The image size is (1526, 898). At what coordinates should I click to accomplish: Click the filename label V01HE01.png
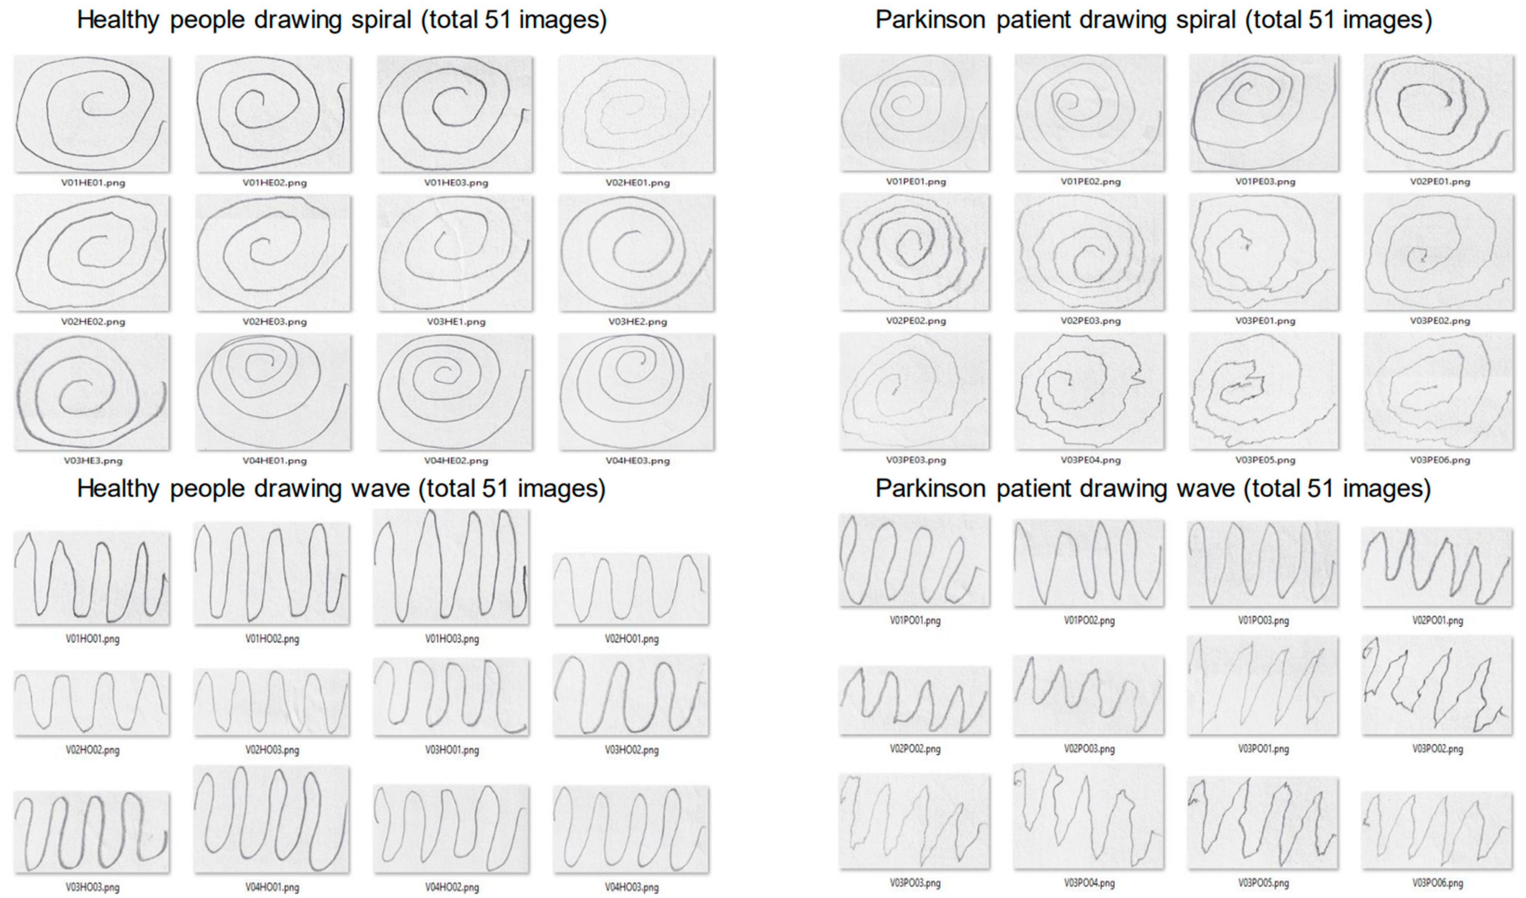pyautogui.click(x=93, y=183)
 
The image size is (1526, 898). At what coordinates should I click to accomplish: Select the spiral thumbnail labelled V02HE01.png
pyautogui.click(x=637, y=114)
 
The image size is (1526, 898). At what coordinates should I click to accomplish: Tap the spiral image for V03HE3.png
pyautogui.click(x=92, y=392)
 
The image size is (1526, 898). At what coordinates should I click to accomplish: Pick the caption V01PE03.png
pyautogui.click(x=1265, y=182)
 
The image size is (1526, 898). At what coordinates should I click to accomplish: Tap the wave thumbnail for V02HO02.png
pyautogui.click(x=92, y=703)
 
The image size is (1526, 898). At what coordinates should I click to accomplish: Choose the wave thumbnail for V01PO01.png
pyautogui.click(x=914, y=561)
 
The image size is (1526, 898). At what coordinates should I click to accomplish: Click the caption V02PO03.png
pyautogui.click(x=1089, y=749)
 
